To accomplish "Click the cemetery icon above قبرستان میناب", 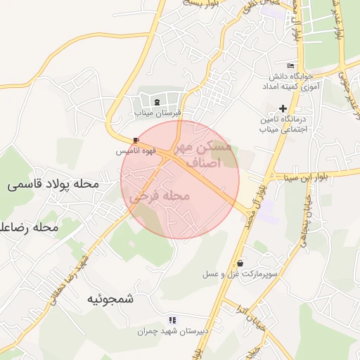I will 156,103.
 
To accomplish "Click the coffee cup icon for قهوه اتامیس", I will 136,140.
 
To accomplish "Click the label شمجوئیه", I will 110,298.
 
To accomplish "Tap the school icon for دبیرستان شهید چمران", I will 173,320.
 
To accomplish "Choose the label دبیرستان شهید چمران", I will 173,330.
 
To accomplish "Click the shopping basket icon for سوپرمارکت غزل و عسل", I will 240,263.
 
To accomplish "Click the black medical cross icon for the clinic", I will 283,108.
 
